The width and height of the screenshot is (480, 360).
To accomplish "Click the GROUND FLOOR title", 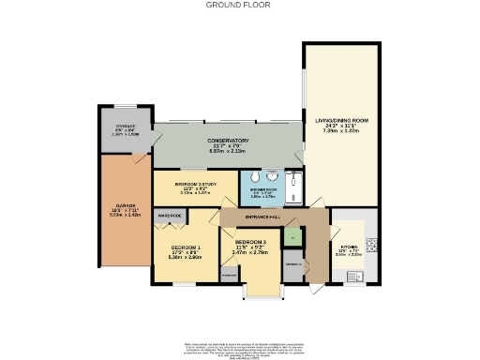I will click(239, 5).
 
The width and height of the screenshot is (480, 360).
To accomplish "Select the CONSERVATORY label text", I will click(228, 141).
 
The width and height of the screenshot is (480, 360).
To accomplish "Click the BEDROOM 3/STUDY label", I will click(194, 183).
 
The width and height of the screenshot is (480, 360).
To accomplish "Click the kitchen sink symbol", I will click(355, 277).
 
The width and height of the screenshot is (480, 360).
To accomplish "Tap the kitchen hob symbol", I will click(369, 246).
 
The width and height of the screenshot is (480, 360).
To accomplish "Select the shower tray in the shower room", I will click(292, 186).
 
